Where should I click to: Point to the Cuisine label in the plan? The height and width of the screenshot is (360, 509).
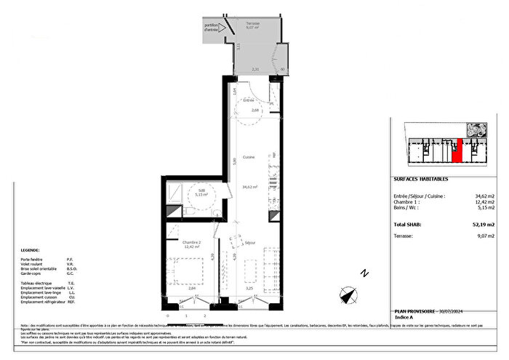pyautogui.click(x=249, y=157)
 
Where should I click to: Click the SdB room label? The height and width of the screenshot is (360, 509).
pyautogui.click(x=201, y=188)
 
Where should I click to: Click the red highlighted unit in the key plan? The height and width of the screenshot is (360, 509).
pyautogui.click(x=457, y=151)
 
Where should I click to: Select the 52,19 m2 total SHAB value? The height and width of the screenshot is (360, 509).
pyautogui.click(x=482, y=225)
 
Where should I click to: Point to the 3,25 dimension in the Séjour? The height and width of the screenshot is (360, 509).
pyautogui.click(x=250, y=288)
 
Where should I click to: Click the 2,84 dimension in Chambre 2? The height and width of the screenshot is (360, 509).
pyautogui.click(x=191, y=288)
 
